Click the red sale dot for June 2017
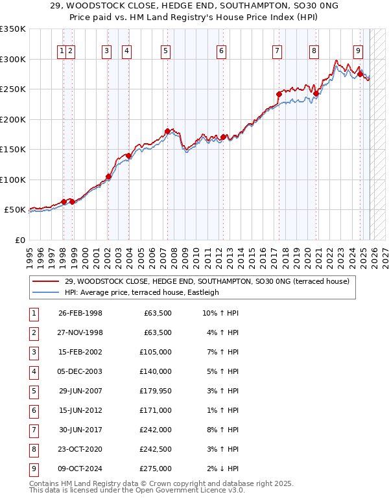coord(279,94)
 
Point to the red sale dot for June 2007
coord(168,132)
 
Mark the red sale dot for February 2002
coord(108,176)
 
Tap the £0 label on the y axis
coord(19,240)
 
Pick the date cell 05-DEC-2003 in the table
coord(80,372)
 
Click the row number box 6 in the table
coord(32,411)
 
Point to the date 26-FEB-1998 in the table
coord(80,314)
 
